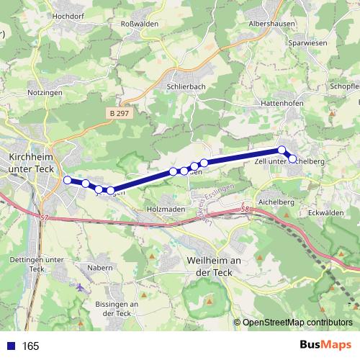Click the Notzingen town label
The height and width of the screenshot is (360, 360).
(45, 93)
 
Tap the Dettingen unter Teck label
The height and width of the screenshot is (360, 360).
(35, 264)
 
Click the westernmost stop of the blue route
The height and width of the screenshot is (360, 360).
(68, 180)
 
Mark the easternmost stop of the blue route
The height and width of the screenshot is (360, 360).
(292, 158)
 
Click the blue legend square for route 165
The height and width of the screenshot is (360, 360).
(11, 346)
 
